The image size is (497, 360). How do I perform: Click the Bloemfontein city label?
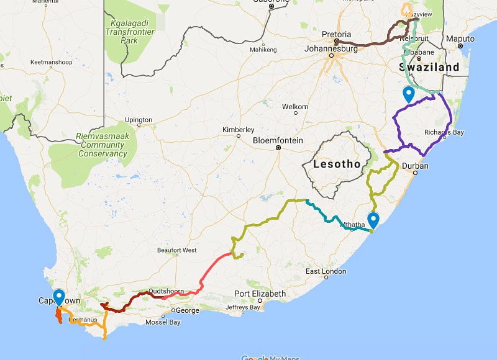coord(278,140)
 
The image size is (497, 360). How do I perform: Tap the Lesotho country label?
coord(336,164)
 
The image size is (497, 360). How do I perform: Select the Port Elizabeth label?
coord(260,294)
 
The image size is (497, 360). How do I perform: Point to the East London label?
coord(326,272)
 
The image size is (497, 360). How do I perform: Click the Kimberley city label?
coord(238,129)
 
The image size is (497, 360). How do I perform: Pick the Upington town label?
coord(138,120)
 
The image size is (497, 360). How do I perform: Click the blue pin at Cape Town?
coord(59,297)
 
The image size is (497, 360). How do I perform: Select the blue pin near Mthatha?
coord(373,220)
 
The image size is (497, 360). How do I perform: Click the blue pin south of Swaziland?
coord(409,94)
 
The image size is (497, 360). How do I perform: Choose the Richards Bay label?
coord(444,132)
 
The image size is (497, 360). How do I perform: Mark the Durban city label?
coord(415,166)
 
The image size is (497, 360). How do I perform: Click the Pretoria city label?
coord(337,34)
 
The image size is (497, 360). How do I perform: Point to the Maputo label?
coord(460,38)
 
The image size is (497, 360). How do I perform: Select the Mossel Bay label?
coord(162,322)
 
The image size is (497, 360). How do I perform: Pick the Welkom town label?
coord(295,107)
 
